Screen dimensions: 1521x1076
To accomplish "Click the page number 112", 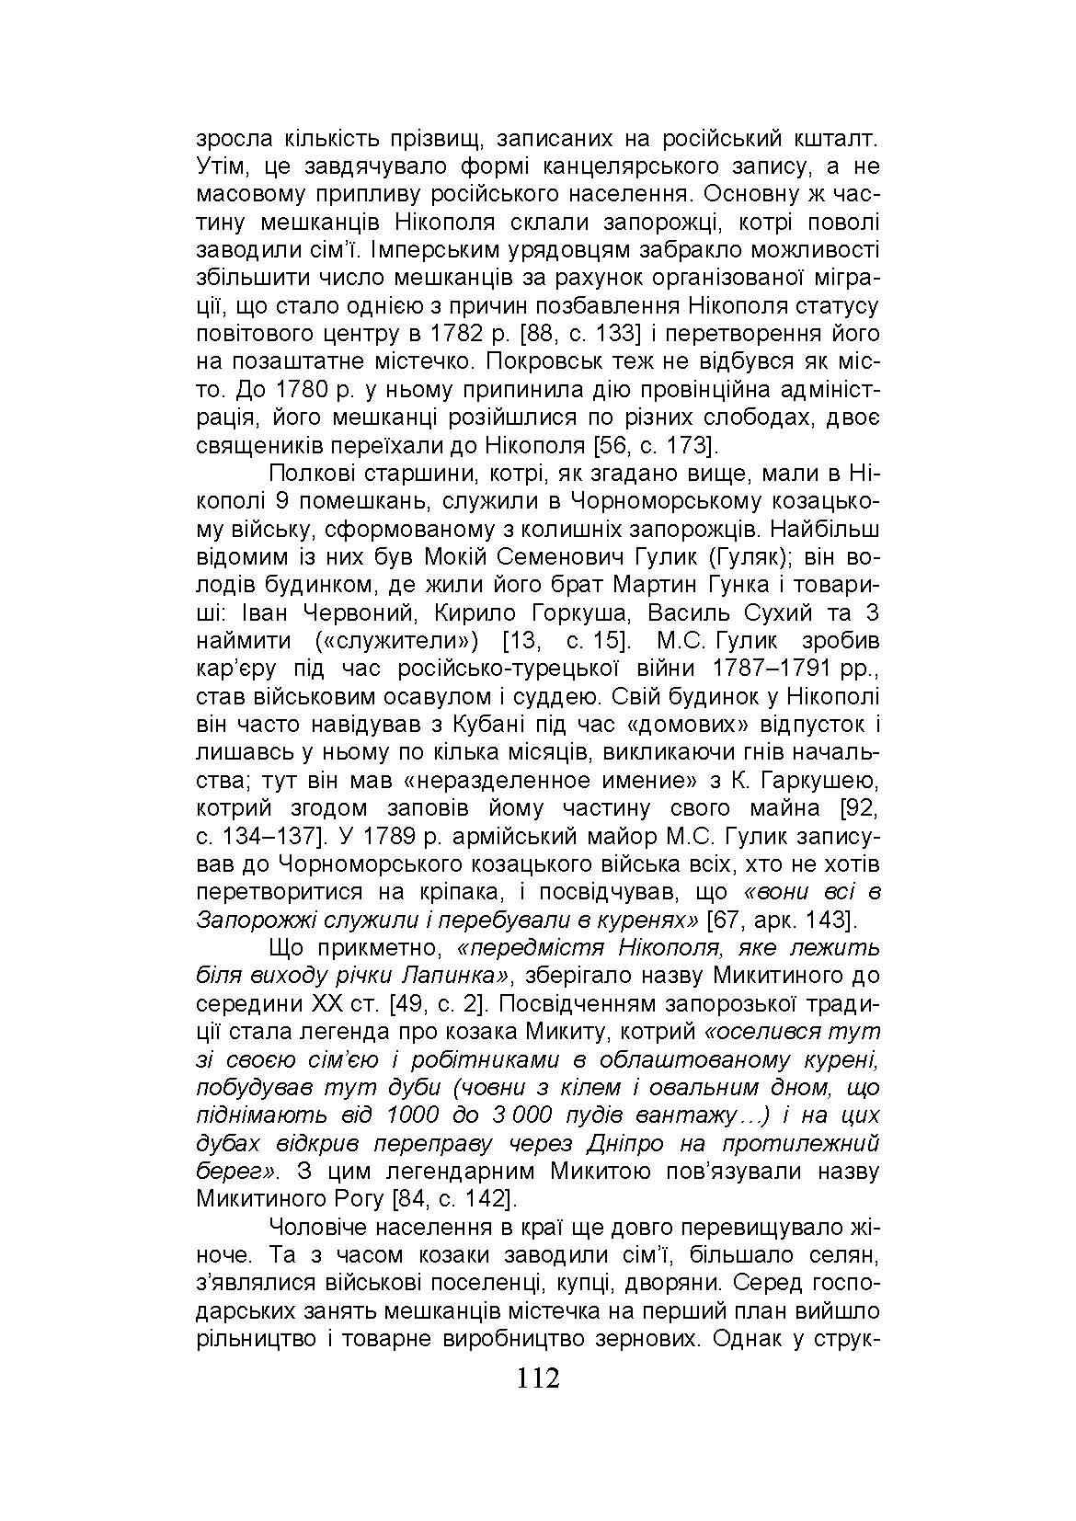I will coord(538,1378).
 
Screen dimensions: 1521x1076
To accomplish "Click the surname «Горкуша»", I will coord(582,613).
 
